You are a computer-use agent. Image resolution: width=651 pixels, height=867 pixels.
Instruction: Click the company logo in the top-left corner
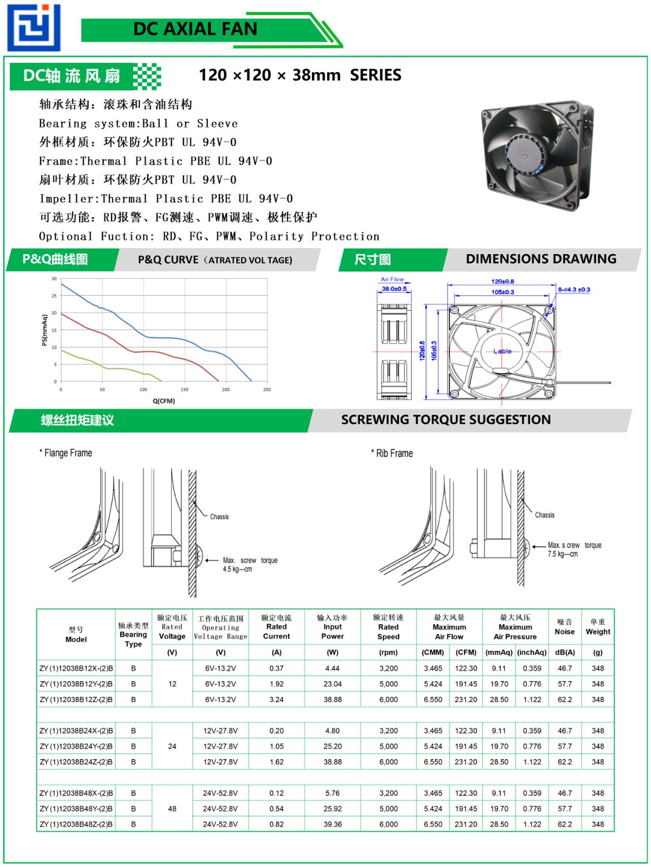[34, 28]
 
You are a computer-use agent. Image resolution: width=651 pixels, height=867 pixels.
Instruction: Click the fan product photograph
[538, 155]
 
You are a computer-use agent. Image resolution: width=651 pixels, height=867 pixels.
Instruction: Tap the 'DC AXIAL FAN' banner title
[195, 29]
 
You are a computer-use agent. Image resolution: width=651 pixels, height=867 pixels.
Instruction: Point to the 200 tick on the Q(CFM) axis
[226, 390]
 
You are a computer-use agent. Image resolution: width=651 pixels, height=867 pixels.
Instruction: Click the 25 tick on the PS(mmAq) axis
[54, 296]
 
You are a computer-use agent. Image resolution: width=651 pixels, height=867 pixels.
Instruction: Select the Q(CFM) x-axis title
[164, 401]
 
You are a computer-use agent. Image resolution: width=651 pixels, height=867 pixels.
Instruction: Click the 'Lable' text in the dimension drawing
[502, 351]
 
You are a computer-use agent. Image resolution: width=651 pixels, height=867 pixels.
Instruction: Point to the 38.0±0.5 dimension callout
[394, 289]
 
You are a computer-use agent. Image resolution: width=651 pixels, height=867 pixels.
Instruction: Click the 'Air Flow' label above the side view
[392, 279]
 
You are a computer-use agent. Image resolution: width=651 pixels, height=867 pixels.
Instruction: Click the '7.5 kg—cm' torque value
[563, 554]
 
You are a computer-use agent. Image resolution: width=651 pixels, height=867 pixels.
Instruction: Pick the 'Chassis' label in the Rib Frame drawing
[544, 515]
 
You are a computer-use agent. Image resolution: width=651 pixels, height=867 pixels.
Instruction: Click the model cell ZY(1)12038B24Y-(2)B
[76, 746]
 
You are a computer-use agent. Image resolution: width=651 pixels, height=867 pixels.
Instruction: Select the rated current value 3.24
[276, 700]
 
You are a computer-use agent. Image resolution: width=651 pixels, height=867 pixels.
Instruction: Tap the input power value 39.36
[333, 824]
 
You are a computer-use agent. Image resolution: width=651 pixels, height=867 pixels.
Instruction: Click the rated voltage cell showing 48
[172, 808]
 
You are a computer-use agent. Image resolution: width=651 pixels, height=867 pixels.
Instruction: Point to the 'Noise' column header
[564, 631]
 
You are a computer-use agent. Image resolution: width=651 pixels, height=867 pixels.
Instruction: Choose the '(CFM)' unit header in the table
[466, 652]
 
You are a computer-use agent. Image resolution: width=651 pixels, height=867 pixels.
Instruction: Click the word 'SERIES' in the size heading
[375, 75]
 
